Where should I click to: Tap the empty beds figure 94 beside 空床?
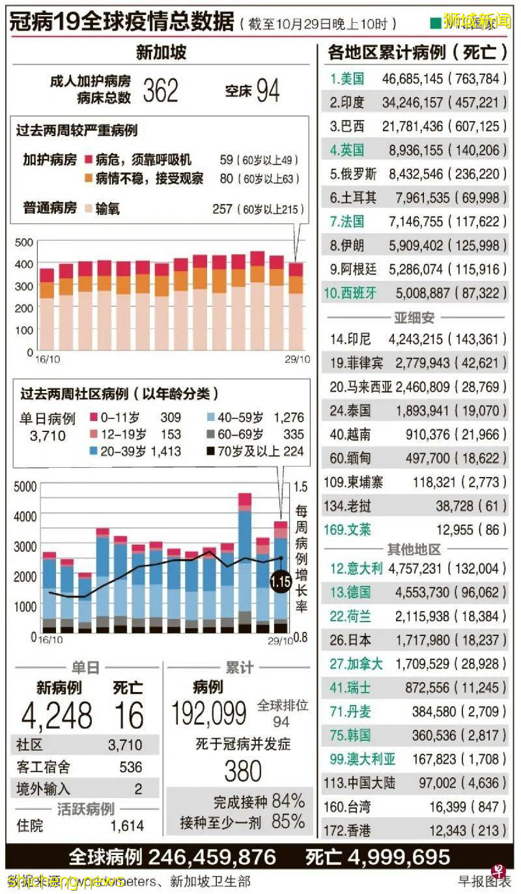coord(268,91)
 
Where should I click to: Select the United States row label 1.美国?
coord(347,79)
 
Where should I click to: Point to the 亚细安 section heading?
coord(414,318)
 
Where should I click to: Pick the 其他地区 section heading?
coord(414,549)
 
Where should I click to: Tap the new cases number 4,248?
coord(57,716)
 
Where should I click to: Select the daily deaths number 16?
coord(128,716)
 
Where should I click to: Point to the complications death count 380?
coord(242,771)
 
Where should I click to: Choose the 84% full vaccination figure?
coord(288,800)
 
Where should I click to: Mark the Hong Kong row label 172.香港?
coord(346,830)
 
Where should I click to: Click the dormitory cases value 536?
coord(130,767)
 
